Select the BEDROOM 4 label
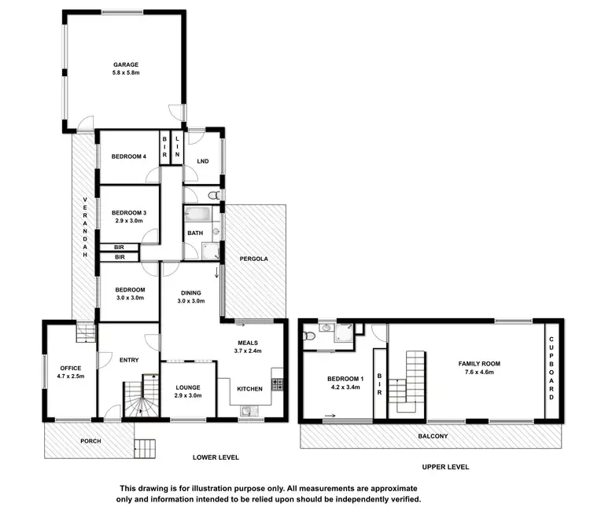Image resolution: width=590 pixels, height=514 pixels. coord(127,156)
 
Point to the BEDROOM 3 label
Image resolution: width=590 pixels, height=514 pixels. coord(128,212)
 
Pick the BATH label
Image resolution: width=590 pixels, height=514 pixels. coord(194,233)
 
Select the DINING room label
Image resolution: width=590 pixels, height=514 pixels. coord(190,292)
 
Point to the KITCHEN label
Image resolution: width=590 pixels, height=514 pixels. coord(250,388)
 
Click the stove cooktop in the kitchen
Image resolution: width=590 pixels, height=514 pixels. coord(276,384)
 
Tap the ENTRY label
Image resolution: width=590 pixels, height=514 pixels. coord(128,360)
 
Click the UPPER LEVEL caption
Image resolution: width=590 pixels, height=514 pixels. coord(446,466)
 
